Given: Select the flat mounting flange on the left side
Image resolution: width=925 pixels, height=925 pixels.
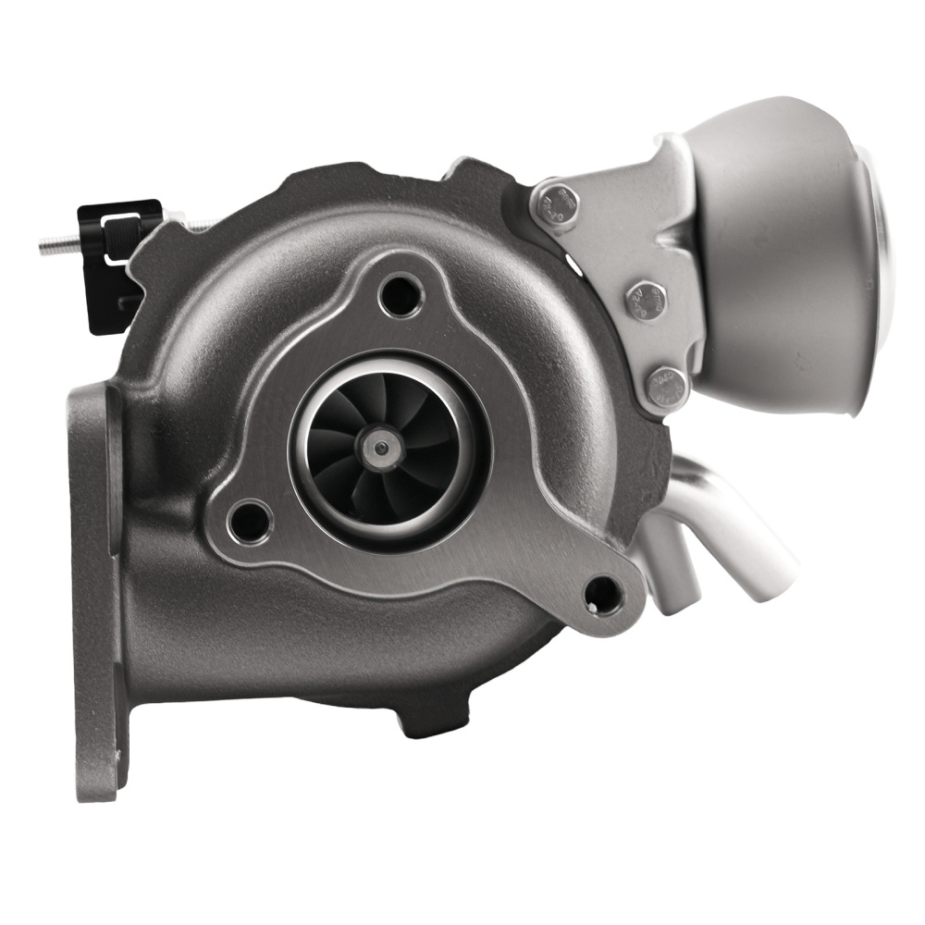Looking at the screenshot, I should (x=92, y=592).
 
